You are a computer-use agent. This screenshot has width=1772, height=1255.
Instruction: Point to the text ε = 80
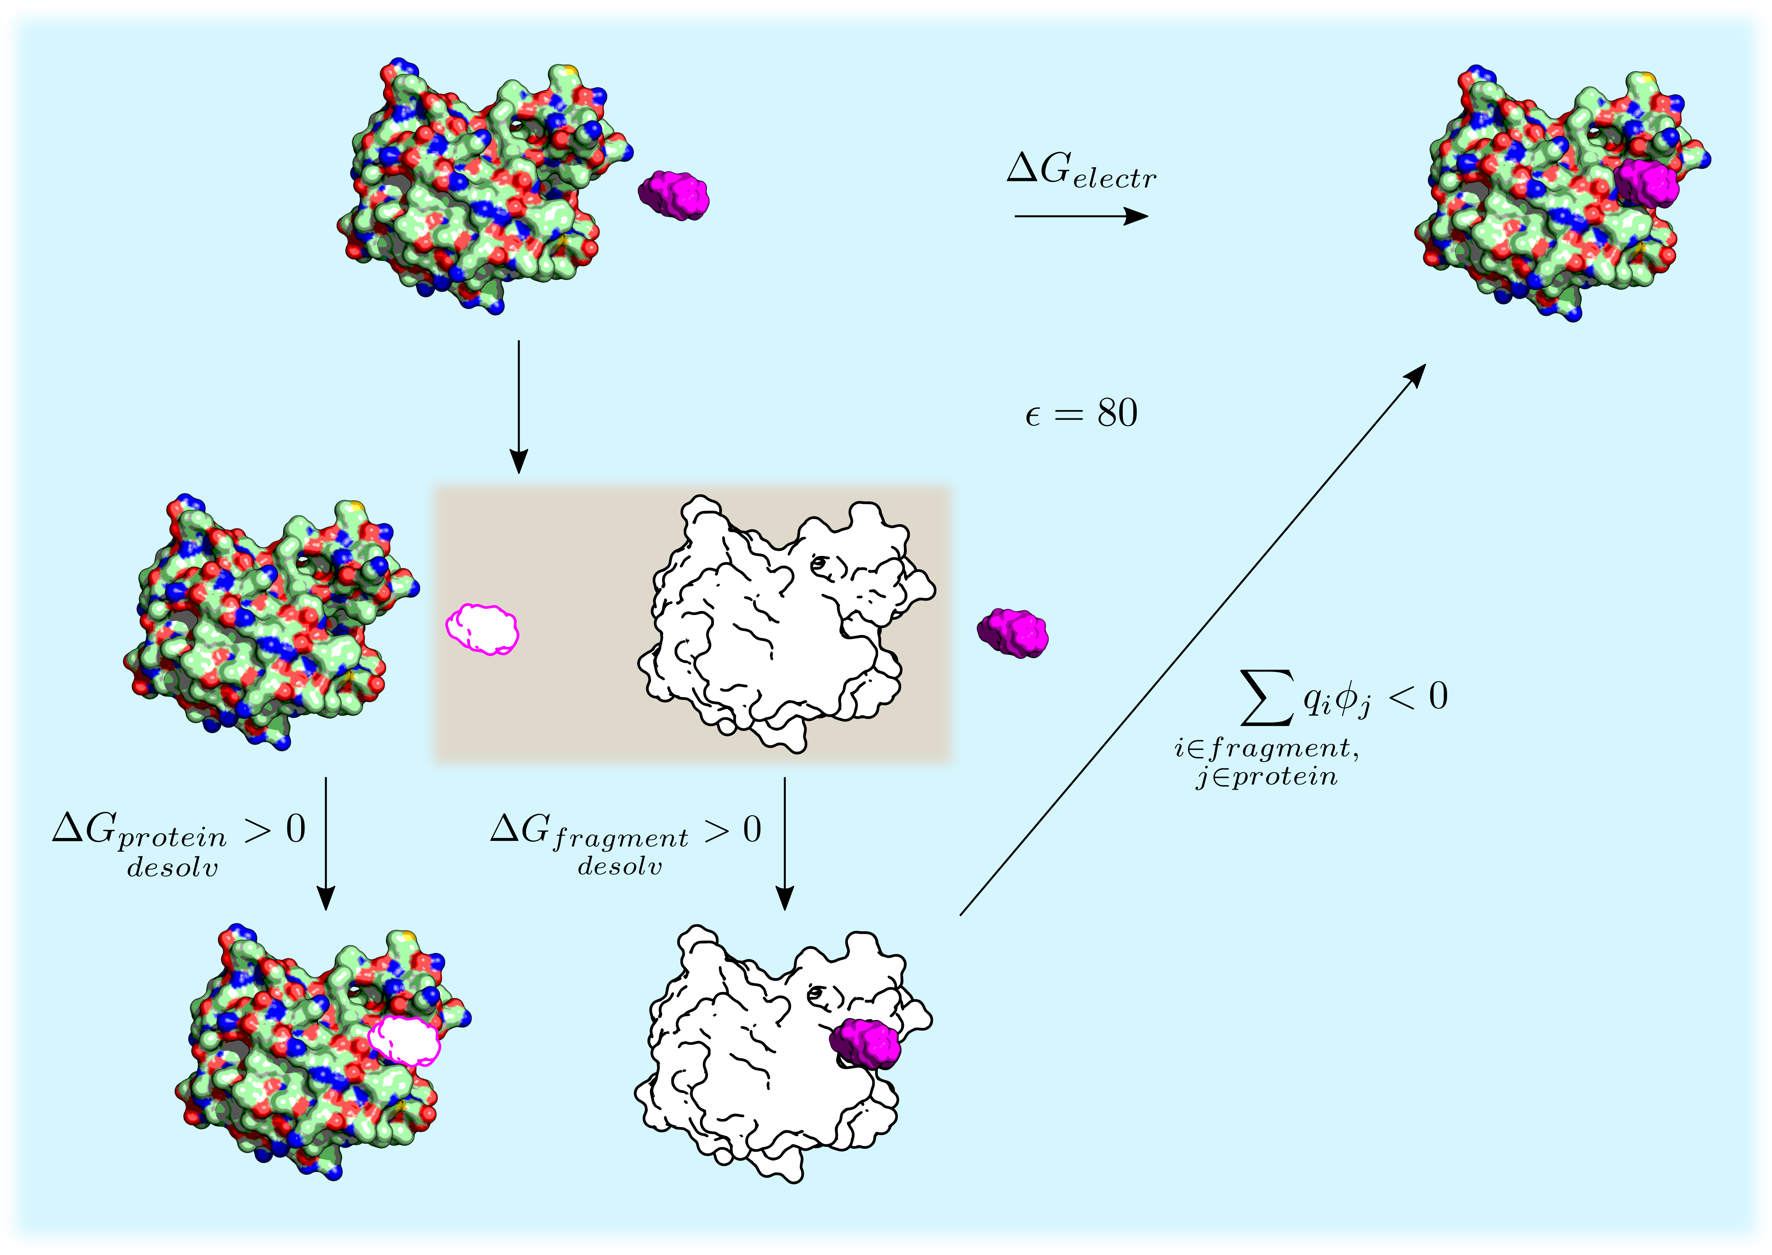1081,413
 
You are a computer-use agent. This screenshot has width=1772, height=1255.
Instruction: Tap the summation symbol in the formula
1267,697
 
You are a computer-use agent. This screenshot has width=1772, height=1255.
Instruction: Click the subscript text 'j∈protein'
1266,776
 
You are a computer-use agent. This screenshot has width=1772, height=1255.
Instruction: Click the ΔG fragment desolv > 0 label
626,843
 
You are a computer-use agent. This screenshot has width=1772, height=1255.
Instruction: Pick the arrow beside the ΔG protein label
326,843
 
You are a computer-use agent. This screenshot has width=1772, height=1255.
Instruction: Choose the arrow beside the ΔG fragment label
784,843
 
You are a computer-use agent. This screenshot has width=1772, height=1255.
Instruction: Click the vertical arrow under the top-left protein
519,407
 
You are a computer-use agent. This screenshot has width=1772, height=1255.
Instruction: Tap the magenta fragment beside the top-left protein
674,196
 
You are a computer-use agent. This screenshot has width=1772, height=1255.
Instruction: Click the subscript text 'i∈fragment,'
1266,748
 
